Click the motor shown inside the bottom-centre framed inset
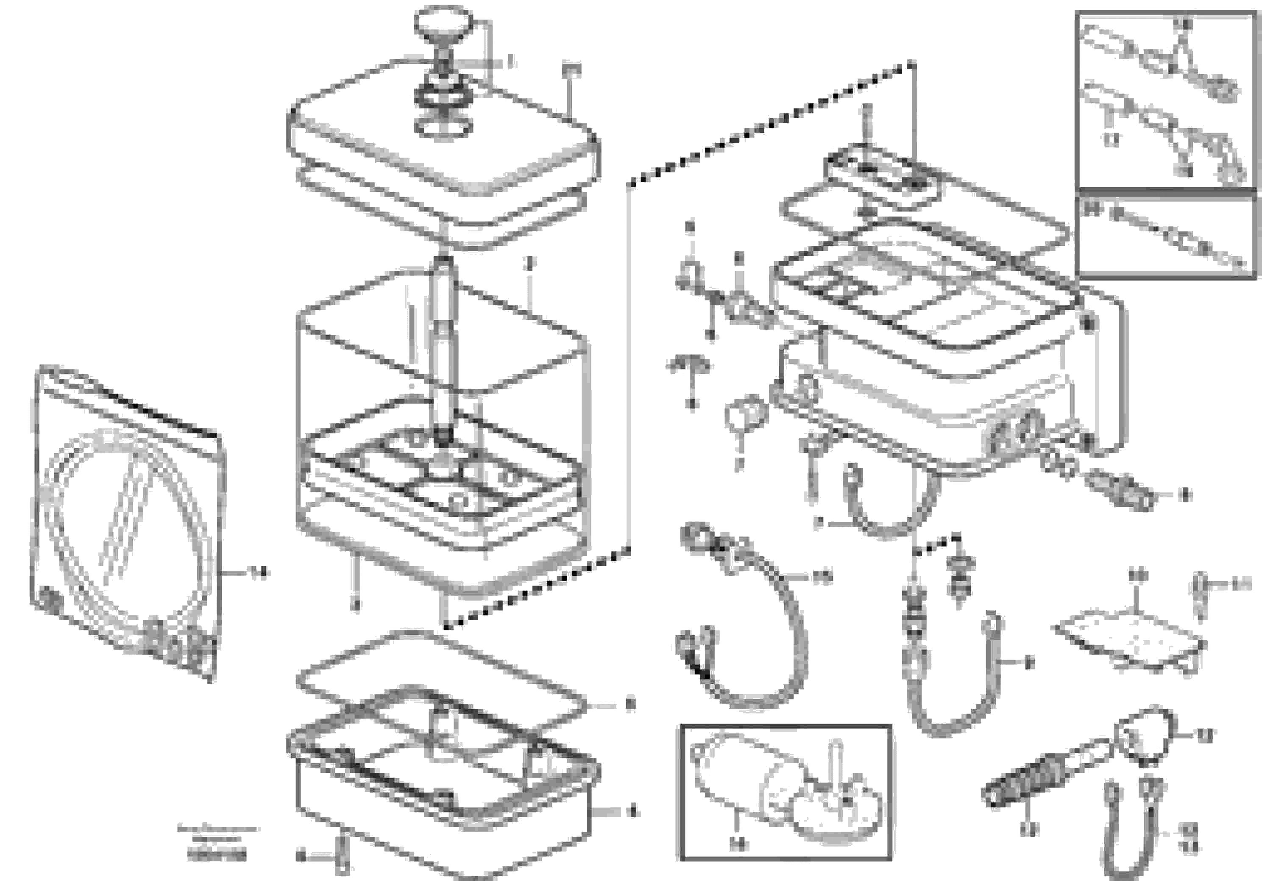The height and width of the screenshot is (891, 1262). click(x=780, y=791)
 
